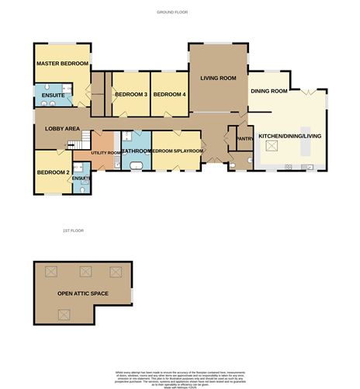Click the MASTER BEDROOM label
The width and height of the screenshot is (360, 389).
(63, 64)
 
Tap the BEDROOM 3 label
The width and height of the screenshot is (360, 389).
(131, 95)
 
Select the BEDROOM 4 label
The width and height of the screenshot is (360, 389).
(169, 95)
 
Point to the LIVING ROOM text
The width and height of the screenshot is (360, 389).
(218, 78)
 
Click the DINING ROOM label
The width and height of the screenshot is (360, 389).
(268, 91)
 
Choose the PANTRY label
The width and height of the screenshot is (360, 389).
(245, 140)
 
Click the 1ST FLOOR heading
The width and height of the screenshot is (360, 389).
(73, 231)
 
